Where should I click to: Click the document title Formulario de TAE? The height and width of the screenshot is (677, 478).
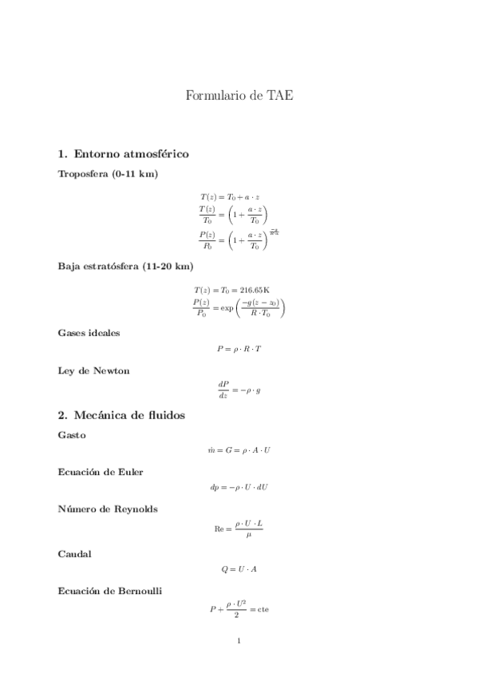tap(239, 97)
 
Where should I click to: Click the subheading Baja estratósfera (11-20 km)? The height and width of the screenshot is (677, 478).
tap(125, 266)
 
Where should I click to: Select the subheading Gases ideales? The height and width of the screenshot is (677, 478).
tap(89, 332)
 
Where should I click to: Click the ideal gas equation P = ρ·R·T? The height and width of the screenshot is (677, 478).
tap(239, 349)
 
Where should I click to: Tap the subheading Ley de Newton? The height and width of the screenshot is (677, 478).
tap(94, 370)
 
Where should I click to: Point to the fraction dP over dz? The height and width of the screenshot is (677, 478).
tap(223, 389)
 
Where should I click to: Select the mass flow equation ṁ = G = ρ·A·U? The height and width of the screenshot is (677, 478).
tap(239, 451)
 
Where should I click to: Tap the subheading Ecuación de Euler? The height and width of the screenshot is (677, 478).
tap(101, 472)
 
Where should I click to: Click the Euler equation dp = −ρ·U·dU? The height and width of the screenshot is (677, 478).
tap(239, 488)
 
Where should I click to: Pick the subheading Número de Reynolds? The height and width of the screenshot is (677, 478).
tap(107, 509)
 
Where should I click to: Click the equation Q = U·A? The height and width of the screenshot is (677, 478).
tap(239, 569)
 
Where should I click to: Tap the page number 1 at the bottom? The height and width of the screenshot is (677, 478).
tap(239, 640)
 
